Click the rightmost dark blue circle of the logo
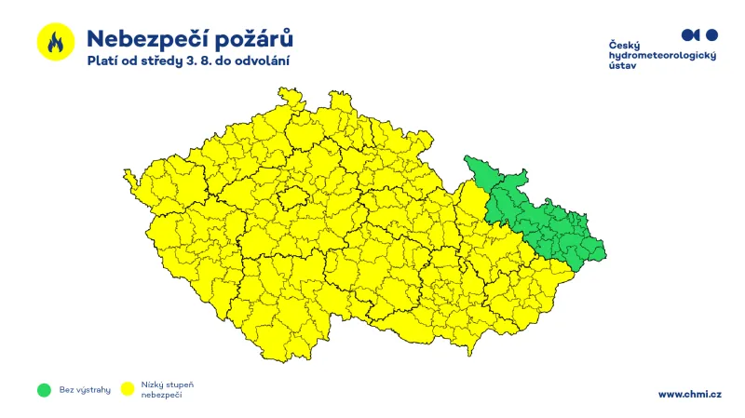pyautogui.click(x=712, y=34)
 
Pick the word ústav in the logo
pyautogui.click(x=622, y=67)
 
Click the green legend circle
pyautogui.click(x=43, y=389)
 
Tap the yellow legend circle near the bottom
pyautogui.click(x=128, y=389)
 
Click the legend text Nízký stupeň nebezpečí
pyautogui.click(x=168, y=389)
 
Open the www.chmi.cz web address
pyautogui.click(x=689, y=394)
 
